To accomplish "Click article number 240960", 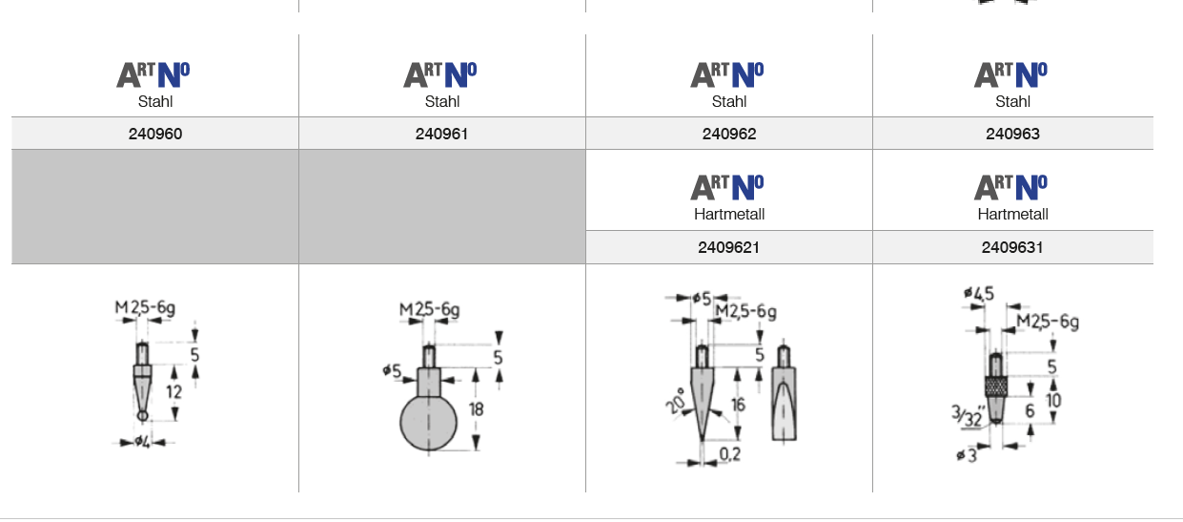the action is [155, 134].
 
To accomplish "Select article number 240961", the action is [441, 134].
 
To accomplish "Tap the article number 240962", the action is [729, 134].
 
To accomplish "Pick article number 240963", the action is [1012, 134].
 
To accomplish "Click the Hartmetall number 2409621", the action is [728, 247].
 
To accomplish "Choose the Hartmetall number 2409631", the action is [1011, 247].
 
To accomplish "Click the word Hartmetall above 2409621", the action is [729, 214].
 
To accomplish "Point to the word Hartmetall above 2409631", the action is [1012, 214].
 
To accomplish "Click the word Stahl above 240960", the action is [155, 101].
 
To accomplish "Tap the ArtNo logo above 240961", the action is [439, 75].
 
